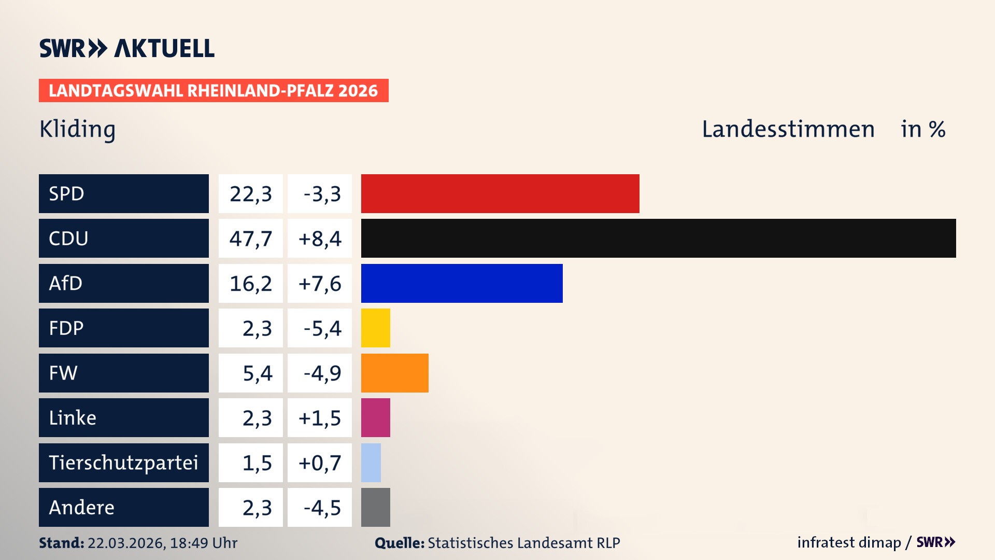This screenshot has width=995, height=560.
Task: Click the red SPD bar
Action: click(500, 193)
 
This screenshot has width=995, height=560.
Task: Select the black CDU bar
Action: click(658, 238)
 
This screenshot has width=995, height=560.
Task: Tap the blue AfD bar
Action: click(462, 283)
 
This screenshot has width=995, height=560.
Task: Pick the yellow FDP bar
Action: click(375, 328)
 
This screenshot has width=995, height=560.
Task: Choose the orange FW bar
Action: click(394, 373)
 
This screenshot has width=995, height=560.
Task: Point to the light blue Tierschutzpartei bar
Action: click(371, 463)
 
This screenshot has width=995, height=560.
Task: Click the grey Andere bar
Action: click(375, 507)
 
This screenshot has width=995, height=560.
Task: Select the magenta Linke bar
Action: click(375, 417)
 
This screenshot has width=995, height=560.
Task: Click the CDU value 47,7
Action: click(251, 239)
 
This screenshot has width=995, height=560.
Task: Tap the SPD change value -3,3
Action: click(322, 194)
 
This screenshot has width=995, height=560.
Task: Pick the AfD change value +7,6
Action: click(320, 284)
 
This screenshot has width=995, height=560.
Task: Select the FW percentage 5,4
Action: click(257, 373)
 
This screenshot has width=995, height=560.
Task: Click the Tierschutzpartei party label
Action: click(123, 463)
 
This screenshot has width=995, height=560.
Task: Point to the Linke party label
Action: click(73, 418)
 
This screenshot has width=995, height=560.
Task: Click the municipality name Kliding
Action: click(78, 129)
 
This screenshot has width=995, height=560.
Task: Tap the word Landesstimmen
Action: click(788, 129)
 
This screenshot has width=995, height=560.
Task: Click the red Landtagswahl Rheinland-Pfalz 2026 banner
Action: click(214, 91)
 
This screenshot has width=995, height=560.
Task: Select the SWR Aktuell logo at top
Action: click(127, 48)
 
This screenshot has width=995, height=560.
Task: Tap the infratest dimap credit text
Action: click(849, 542)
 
